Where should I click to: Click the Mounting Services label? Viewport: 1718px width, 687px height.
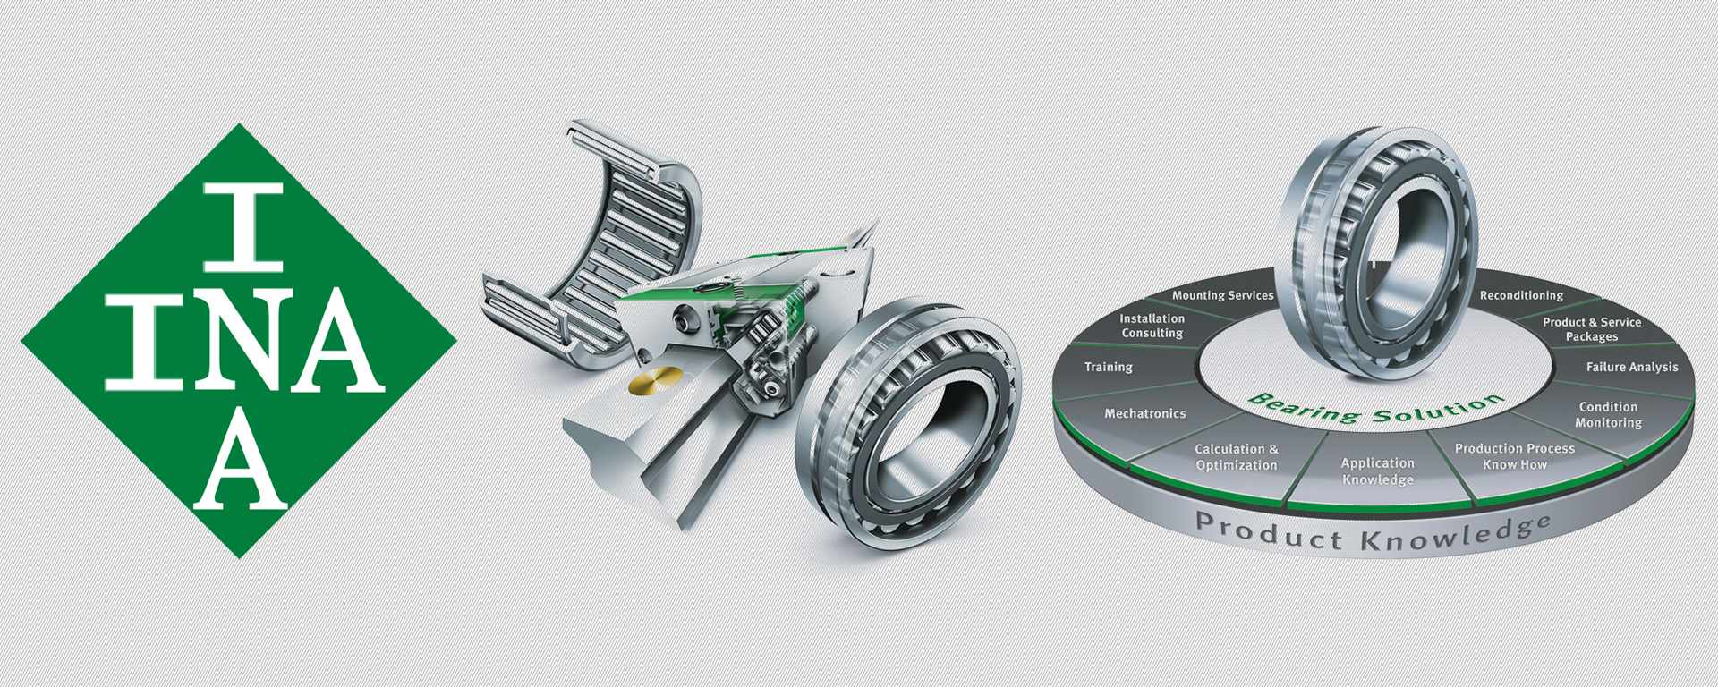pos(1222,295)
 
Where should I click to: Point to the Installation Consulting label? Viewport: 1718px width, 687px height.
pos(1152,326)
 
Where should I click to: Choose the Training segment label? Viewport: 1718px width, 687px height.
pos(1109,367)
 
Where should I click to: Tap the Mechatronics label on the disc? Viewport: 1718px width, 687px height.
pos(1144,413)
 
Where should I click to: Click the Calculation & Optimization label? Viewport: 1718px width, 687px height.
pos(1237,457)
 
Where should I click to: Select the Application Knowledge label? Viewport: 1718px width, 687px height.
pos(1378,471)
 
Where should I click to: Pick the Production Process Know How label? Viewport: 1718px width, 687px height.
pos(1515,456)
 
